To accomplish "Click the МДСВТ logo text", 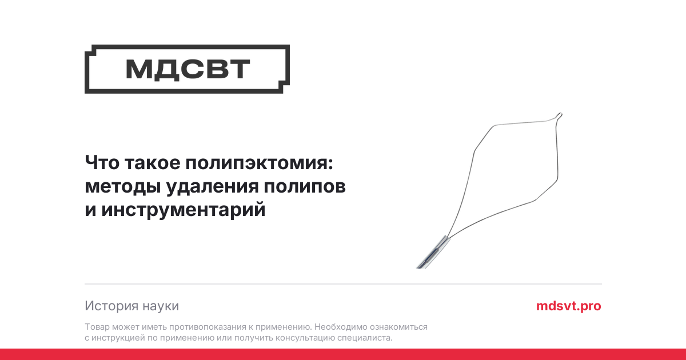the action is pos(188,70).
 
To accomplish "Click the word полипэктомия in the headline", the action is pos(259,162).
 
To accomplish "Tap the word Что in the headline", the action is pos(102,162).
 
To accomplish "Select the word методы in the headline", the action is pos(123,187).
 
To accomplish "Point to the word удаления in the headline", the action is pos(212,187).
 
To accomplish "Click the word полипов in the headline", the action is pos(304,186).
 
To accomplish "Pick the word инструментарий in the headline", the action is pos(183,210).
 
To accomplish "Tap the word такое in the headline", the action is pos(153,163).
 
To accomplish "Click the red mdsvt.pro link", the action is pos(568,306).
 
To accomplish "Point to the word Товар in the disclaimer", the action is pos(97,327).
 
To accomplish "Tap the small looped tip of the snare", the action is pos(559,116).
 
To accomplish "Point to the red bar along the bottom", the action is pos(343,354).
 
